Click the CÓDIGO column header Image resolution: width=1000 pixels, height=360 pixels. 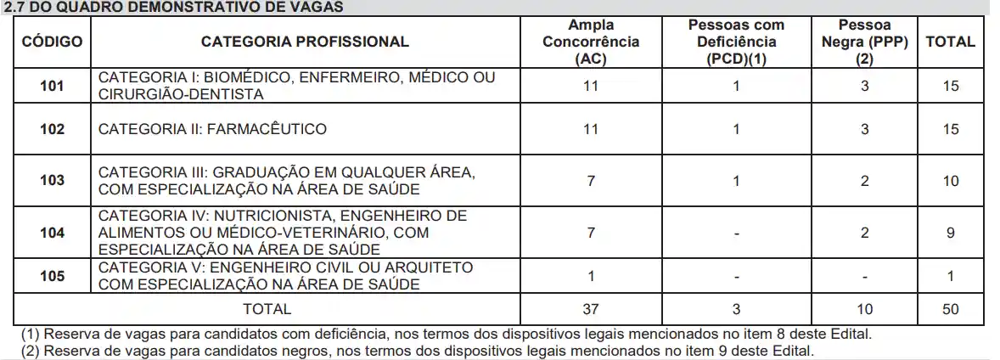[52, 41]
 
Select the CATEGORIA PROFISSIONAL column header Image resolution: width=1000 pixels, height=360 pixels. [305, 41]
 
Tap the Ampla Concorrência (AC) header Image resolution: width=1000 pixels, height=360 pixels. [591, 42]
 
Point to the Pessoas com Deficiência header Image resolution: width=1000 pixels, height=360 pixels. [736, 42]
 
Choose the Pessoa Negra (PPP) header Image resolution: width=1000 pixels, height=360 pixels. [864, 42]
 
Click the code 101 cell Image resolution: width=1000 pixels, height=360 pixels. [52, 86]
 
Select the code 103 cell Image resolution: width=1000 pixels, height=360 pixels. [52, 180]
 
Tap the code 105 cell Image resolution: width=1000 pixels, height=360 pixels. [52, 275]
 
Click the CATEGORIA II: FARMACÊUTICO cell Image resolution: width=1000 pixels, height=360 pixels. [212, 129]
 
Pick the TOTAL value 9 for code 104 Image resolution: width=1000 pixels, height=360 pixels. [951, 232]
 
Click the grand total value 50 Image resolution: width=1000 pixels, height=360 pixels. [951, 309]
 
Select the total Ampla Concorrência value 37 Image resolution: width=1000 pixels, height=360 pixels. [591, 309]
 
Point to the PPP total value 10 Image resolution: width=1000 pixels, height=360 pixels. [864, 309]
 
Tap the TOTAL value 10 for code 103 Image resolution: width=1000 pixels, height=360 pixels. [951, 180]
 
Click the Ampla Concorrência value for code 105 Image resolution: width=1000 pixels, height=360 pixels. [591, 275]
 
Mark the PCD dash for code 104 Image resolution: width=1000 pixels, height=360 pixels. [736, 232]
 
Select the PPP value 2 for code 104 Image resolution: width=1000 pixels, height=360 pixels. [864, 232]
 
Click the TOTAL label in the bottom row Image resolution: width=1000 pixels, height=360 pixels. [267, 309]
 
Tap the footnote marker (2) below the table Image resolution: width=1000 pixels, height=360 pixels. [31, 350]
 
